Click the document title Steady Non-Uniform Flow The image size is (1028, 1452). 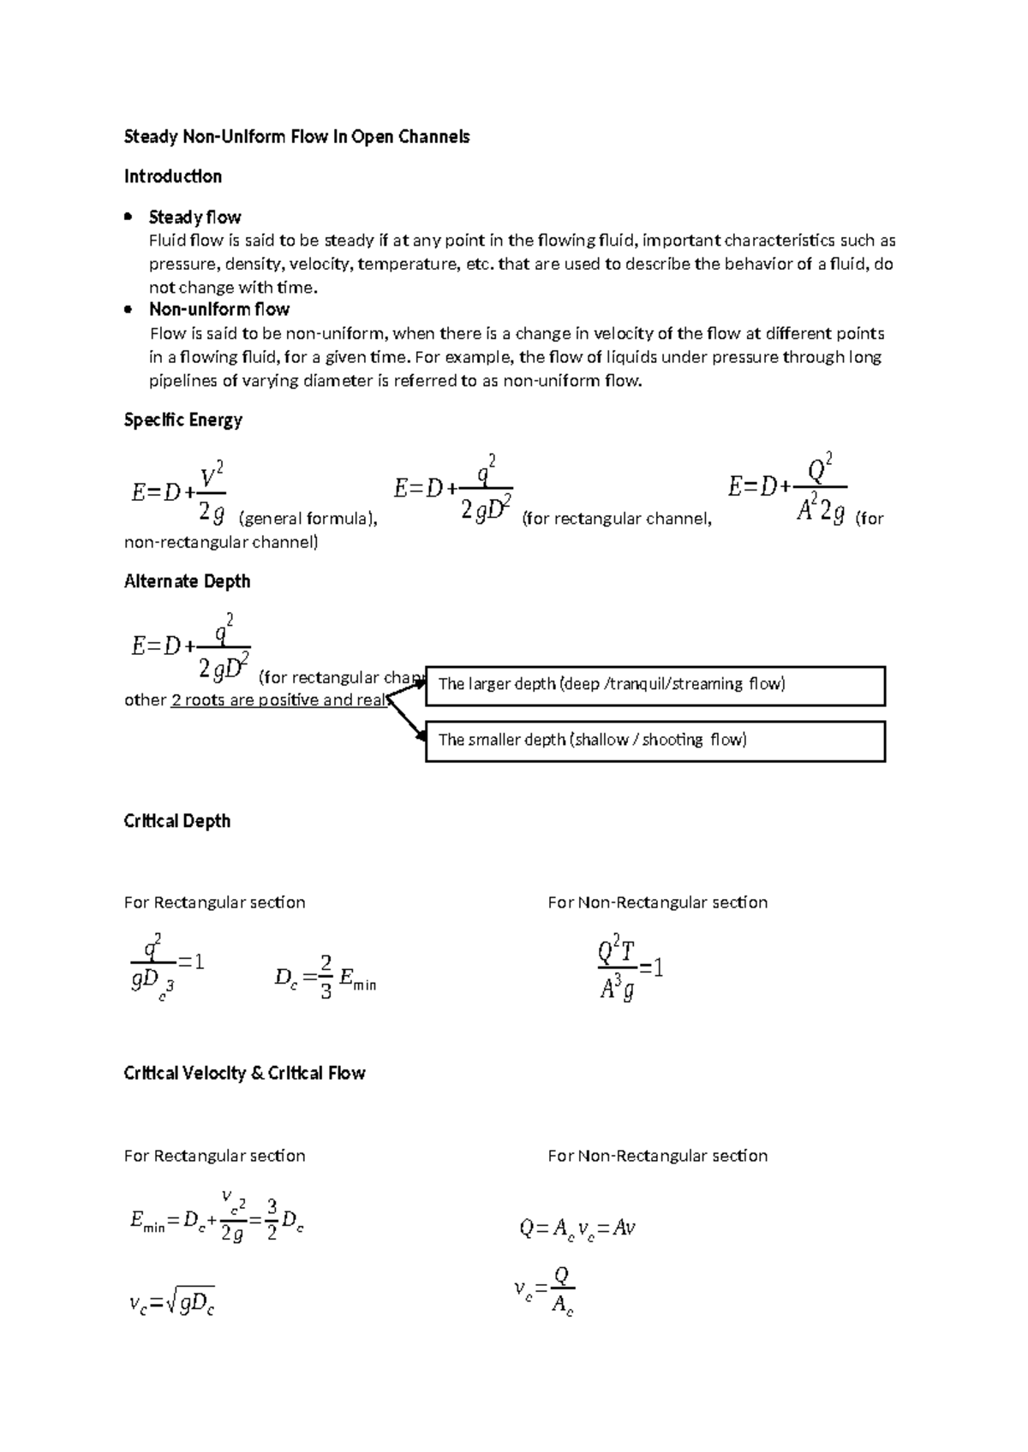point(296,137)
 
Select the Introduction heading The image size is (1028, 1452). point(173,176)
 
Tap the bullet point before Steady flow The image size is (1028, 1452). point(128,217)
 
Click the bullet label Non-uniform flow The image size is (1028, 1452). point(219,309)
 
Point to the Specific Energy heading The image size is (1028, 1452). point(183,420)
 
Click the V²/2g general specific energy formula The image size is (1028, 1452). point(179,492)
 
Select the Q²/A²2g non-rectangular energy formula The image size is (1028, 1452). point(787,488)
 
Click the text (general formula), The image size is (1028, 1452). point(308,518)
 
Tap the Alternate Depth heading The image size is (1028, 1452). point(188,581)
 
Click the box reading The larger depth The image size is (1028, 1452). point(654,685)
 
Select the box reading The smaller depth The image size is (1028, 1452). point(654,741)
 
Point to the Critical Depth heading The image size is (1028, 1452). point(177,821)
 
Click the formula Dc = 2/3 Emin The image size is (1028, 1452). point(326,978)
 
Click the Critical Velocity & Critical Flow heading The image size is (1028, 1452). point(245,1074)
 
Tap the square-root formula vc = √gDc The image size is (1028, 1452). point(171,1303)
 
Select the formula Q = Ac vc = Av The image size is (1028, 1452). point(577,1229)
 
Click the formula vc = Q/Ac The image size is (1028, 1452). point(545,1290)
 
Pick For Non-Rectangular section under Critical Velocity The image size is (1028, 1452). point(657,1156)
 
